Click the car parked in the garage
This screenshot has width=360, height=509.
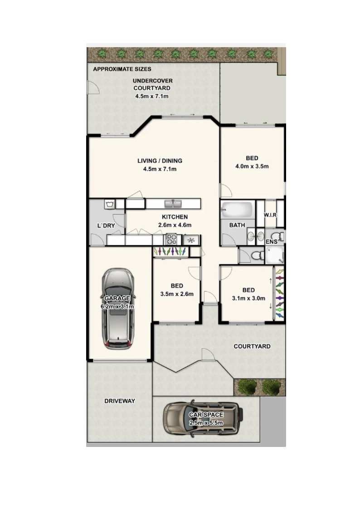point(118,309)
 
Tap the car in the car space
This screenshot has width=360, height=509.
point(204,418)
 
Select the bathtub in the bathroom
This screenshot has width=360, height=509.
point(237,210)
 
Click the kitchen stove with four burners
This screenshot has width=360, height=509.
point(171,239)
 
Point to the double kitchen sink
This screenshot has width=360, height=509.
point(173,204)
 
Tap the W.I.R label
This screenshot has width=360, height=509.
point(270,215)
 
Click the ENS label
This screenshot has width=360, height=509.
point(272,242)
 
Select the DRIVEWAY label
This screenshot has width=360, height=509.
point(119,401)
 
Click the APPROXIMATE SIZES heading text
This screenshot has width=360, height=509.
point(122,69)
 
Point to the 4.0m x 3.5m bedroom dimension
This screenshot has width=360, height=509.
point(252,166)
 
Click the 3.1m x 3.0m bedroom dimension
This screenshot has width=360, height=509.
point(248,298)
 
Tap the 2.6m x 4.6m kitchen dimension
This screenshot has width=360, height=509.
point(175,225)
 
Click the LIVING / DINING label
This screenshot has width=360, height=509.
point(160,161)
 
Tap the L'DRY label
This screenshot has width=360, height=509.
point(106,225)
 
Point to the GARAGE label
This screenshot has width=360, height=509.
point(117,298)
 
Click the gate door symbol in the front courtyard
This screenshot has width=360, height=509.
point(206,355)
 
